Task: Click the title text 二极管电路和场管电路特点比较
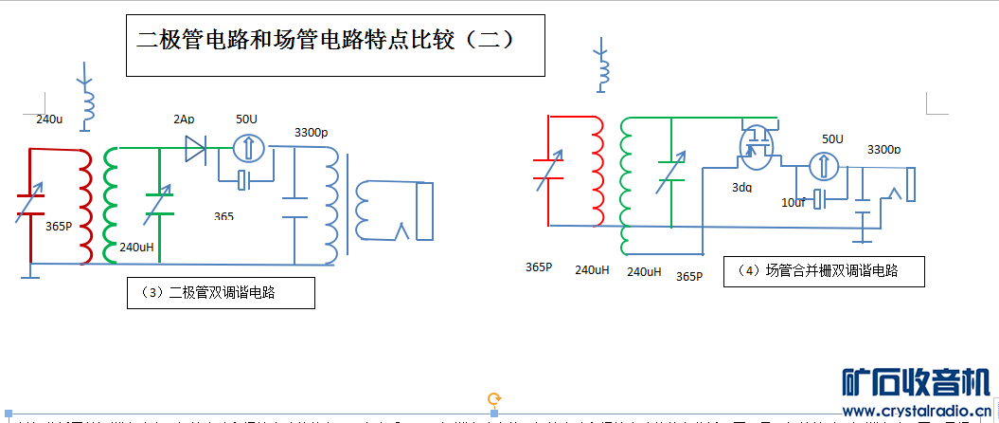[326, 40]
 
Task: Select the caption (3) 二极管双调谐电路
[221, 293]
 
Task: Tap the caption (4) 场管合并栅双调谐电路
[823, 271]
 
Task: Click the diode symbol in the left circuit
[196, 148]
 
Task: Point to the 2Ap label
[184, 120]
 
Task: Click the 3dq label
[741, 187]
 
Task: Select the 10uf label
[793, 202]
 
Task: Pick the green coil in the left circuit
[111, 205]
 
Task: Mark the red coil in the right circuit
[598, 172]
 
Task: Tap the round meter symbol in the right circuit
[825, 166]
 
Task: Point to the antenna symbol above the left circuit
[87, 97]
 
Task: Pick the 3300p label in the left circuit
[311, 132]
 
